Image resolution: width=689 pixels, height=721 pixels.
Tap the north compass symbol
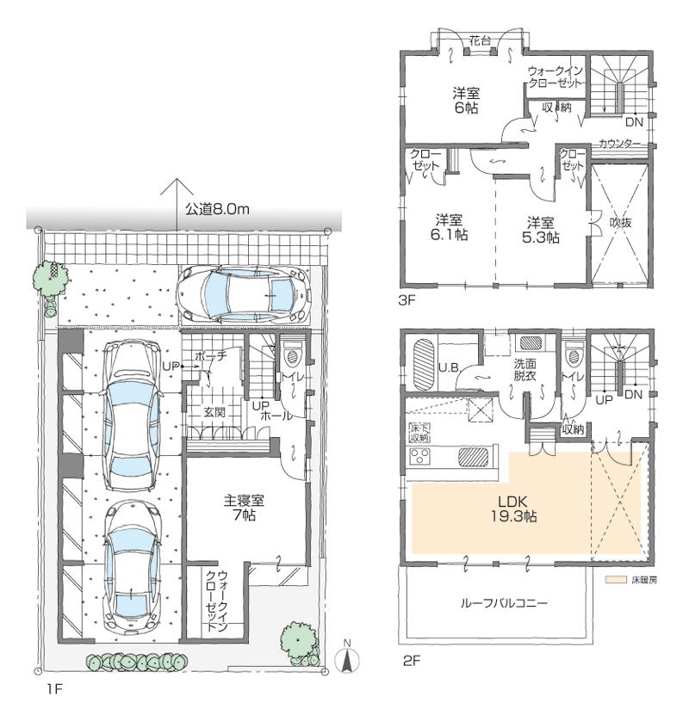point(346,657)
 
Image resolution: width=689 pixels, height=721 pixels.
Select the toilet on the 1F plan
point(292,354)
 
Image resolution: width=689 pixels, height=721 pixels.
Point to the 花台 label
point(481,39)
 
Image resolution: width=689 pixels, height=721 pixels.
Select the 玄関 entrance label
point(214,413)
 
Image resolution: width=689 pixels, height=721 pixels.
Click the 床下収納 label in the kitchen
point(419,432)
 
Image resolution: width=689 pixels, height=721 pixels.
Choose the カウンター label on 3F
point(619,145)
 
